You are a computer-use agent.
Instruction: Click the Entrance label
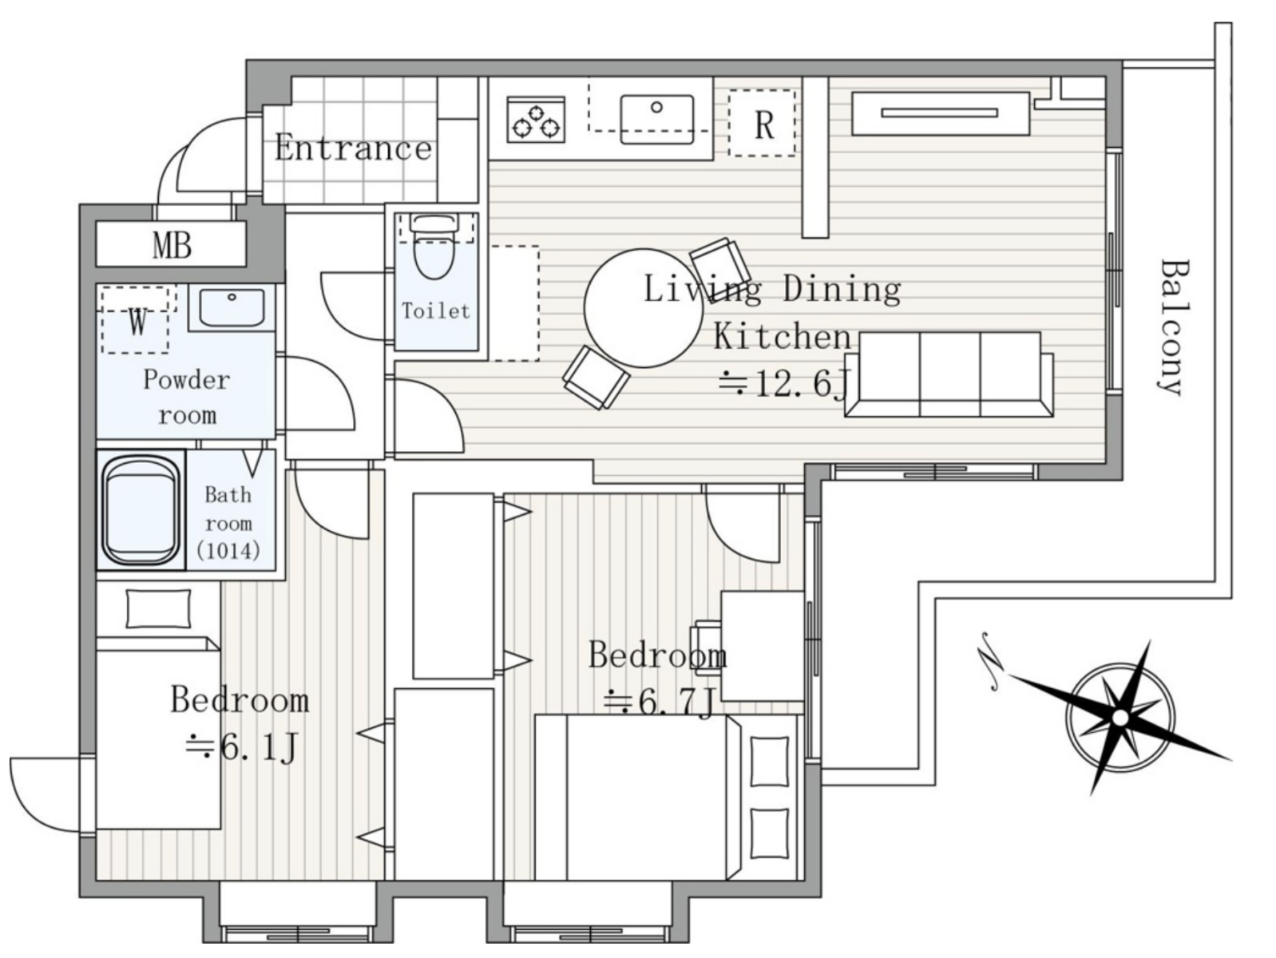[353, 148]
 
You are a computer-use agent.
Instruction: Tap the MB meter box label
[172, 245]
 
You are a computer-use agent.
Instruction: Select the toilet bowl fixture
[434, 247]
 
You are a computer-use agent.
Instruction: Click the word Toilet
[435, 311]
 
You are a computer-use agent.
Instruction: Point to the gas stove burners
[536, 120]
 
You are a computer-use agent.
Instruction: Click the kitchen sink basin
[657, 119]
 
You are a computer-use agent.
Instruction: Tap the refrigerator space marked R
[762, 123]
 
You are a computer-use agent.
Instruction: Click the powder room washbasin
[232, 307]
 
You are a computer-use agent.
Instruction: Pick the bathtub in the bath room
[140, 510]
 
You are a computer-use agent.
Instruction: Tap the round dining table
[643, 308]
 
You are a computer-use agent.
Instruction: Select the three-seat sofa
[949, 374]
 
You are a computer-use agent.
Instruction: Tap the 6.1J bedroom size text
[242, 748]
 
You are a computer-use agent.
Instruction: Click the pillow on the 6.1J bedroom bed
[158, 609]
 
